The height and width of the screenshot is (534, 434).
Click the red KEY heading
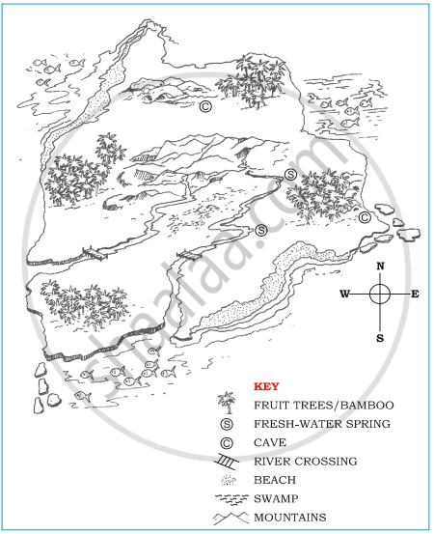266,386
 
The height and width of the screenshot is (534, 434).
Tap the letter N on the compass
380,266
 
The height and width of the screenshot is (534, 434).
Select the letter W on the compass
345,294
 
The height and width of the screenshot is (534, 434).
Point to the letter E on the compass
415,294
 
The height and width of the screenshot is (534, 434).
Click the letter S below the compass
380,338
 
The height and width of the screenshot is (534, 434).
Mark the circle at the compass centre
380,294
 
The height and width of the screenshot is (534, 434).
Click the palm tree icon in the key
227,403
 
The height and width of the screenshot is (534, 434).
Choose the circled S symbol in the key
227,424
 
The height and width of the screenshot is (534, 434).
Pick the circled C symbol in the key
227,443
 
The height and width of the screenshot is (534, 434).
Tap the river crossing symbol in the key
227,462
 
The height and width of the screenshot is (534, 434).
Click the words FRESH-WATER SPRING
322,424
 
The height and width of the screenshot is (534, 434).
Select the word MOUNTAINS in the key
290,518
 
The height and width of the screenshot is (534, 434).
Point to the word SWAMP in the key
276,498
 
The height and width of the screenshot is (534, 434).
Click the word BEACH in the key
275,480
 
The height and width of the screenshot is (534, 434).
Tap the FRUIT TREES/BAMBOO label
324,406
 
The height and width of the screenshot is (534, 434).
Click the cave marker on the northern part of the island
205,106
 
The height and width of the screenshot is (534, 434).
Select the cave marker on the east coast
365,217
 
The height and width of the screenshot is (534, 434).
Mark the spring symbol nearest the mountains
290,175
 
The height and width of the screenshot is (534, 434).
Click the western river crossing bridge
95,254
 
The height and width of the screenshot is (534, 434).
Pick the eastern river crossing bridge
189,255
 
